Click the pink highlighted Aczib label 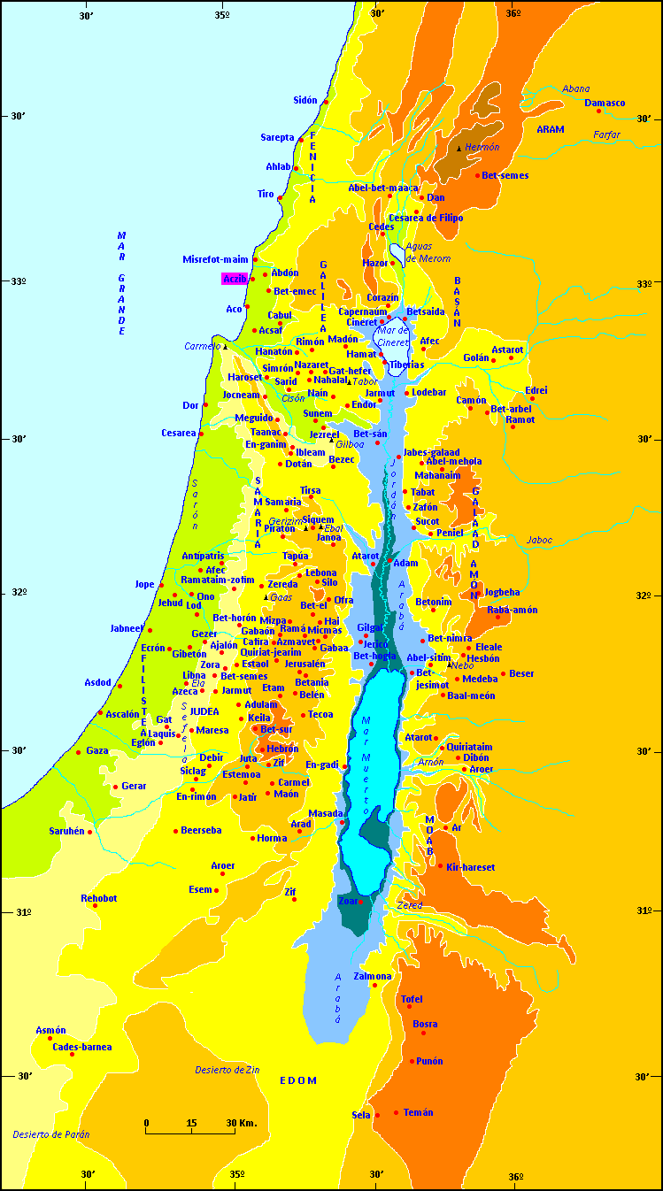click(234, 279)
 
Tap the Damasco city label click(605, 103)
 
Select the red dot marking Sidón click(326, 103)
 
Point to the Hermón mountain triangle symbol click(459, 149)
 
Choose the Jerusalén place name click(305, 664)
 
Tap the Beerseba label click(201, 831)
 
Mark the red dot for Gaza click(79, 752)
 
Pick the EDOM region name click(297, 1081)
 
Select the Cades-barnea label click(82, 1047)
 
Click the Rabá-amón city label click(513, 610)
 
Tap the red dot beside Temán click(396, 1112)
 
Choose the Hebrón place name click(282, 749)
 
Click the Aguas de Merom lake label click(428, 252)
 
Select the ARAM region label click(550, 129)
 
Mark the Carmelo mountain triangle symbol click(225, 346)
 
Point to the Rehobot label click(98, 898)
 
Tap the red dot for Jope click(161, 585)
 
